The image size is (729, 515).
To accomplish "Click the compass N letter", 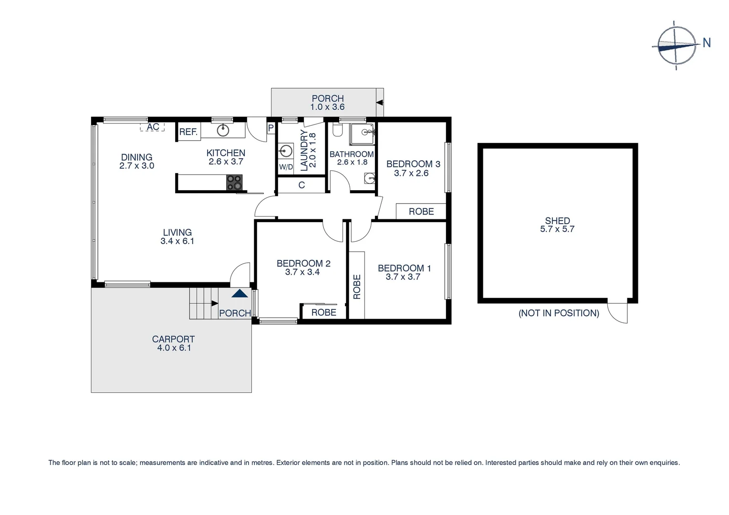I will (x=707, y=43).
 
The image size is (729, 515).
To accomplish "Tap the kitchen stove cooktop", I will (x=234, y=182).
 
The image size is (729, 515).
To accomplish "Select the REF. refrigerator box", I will (x=188, y=132).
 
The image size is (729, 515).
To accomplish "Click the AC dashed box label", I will (x=153, y=127).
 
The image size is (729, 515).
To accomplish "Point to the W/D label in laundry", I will (x=286, y=167).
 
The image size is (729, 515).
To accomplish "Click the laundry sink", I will (x=286, y=151).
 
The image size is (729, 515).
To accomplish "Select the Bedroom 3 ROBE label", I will (x=421, y=211).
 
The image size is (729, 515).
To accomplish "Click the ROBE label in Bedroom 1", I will (x=357, y=287).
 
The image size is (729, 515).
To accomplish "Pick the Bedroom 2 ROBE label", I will (x=323, y=312).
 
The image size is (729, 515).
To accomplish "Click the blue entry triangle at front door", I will (x=240, y=294).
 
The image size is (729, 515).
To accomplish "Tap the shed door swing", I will (x=619, y=313).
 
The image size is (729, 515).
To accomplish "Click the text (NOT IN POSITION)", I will (x=559, y=313).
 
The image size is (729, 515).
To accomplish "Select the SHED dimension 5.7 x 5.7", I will (x=557, y=229).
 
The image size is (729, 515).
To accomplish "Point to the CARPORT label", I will (x=173, y=339).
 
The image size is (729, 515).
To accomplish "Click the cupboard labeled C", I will (x=302, y=185).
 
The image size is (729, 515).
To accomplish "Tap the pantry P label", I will (x=271, y=128).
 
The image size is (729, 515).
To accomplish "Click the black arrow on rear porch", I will (x=379, y=102).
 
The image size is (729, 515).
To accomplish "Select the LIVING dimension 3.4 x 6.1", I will (x=177, y=241).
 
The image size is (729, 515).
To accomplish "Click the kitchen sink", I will (x=223, y=130).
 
